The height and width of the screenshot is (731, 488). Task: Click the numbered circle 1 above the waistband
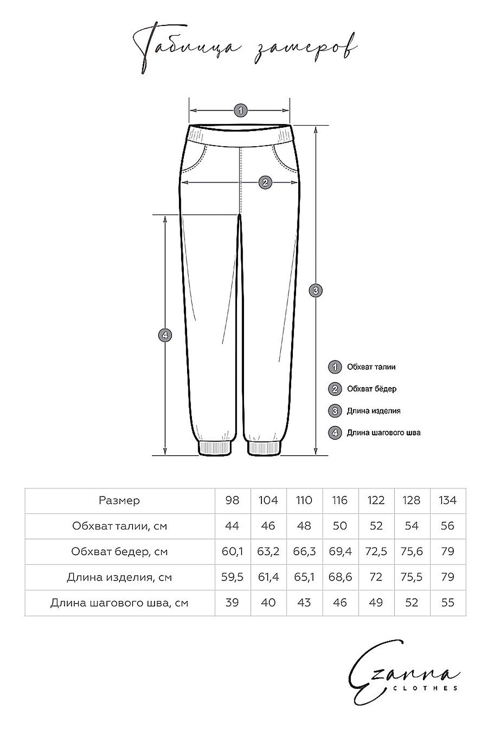coord(240,110)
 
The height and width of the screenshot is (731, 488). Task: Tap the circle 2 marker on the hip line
coord(265,182)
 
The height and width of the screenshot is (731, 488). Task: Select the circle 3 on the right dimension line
coord(316,290)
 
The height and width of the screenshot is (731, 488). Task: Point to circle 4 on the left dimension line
coord(165,335)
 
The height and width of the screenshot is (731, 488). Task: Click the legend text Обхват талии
coord(371,367)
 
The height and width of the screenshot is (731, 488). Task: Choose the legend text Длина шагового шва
coord(383,433)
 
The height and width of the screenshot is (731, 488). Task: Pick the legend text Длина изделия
coord(373,411)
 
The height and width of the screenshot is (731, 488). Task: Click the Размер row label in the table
coord(119,501)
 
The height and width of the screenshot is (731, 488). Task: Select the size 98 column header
coord(232,500)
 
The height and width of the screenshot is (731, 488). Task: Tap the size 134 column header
coord(447,500)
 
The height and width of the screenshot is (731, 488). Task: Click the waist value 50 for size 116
coord(340,526)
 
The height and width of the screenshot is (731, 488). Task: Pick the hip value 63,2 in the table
coord(268,551)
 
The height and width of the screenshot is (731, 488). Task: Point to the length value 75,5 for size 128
coord(412,577)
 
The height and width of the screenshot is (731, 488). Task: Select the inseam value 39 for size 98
coord(232,603)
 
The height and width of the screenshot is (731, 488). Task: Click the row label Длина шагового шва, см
coord(119,603)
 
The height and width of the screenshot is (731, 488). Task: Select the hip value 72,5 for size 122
coord(376,551)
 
